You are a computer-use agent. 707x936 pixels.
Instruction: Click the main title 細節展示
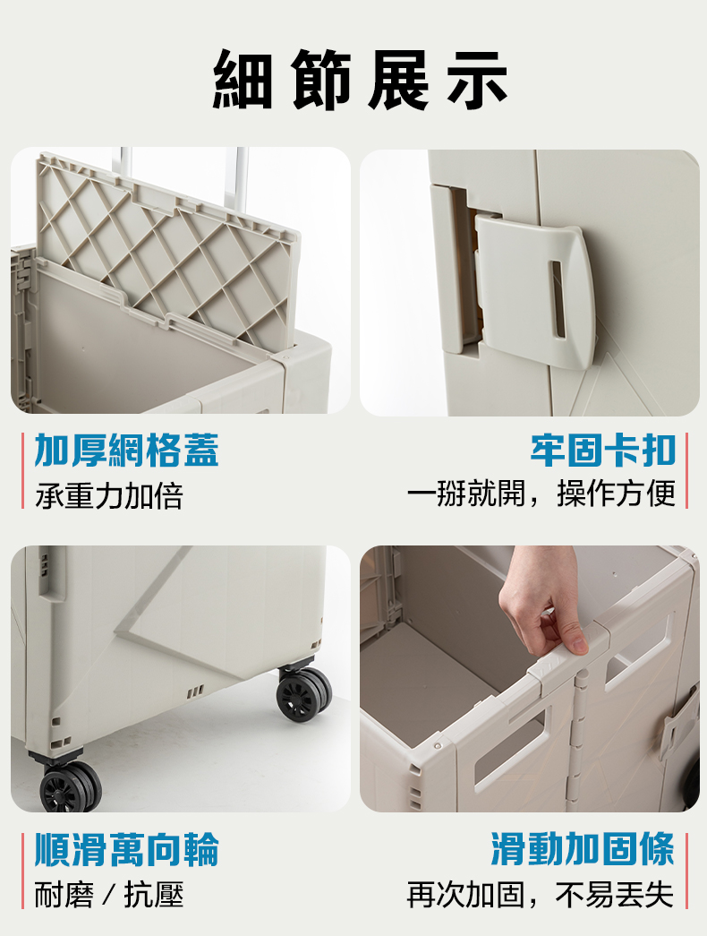coord(361,80)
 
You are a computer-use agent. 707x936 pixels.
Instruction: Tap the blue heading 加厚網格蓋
coord(126,451)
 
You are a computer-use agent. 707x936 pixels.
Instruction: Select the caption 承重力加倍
coord(108,495)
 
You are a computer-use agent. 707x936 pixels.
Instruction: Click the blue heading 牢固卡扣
coord(603,451)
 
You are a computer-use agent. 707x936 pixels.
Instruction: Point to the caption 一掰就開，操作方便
coord(541,494)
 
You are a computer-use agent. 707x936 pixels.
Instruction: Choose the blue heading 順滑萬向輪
coord(126,849)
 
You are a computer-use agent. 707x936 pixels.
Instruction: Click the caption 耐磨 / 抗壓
coord(108,895)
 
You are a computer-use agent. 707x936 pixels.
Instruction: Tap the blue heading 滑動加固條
coord(583,848)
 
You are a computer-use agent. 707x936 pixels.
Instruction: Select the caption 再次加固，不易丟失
coord(541,894)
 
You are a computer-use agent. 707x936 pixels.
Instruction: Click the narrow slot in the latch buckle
coord(558,298)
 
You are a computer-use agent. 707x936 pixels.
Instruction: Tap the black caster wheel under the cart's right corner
coord(303,694)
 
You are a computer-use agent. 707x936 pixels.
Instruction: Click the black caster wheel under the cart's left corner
coord(70,786)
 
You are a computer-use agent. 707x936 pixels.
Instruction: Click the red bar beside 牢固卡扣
coord(686,470)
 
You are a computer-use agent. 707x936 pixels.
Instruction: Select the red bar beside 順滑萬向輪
coord(22,871)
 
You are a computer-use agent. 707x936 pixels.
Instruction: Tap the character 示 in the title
coord(478,80)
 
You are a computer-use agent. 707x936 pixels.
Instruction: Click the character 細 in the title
coord(243,80)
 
